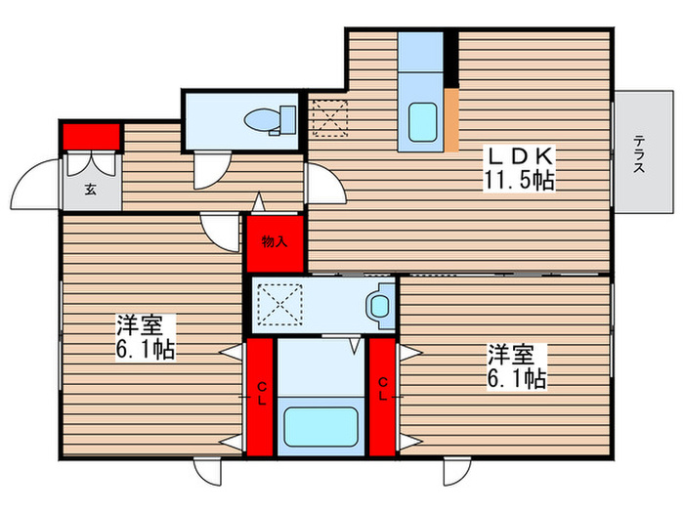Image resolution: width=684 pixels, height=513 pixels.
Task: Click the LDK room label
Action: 519,155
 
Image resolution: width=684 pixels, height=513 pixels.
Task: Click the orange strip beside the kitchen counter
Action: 450,118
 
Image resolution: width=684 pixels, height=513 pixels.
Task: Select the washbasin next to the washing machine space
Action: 379,305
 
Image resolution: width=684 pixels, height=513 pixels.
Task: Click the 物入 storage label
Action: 275,241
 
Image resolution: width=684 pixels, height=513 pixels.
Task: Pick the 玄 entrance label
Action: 90,189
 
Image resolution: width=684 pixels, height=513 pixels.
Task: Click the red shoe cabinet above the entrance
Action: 91,135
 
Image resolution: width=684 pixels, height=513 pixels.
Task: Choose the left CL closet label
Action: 261,395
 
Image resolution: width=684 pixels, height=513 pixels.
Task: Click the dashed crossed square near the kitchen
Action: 327,116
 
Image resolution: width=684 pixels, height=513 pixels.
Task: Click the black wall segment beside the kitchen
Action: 450,60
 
